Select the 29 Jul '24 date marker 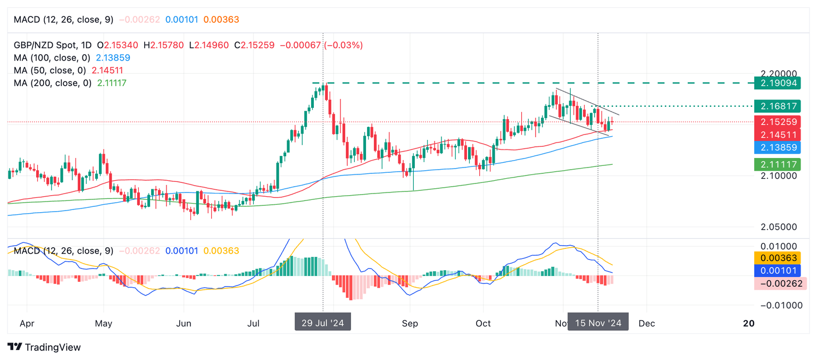pos(323,323)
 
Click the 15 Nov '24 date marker pos(598,323)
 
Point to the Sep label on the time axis pos(410,323)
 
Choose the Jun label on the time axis pos(184,323)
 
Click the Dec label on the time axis pos(646,323)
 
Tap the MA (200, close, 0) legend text pos(53,83)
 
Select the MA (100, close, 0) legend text pos(53,57)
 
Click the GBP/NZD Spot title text pos(45,45)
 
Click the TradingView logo pos(45,347)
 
